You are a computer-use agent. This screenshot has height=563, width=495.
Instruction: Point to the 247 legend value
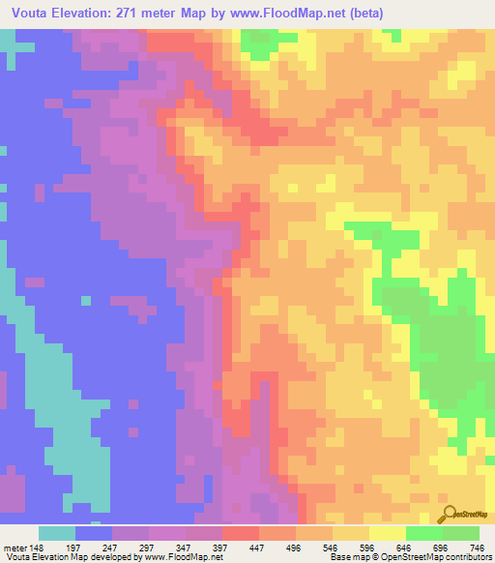(123, 548)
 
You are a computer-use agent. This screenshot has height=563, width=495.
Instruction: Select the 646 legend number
(430, 548)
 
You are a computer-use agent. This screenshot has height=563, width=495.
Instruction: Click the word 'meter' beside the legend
(15, 548)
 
